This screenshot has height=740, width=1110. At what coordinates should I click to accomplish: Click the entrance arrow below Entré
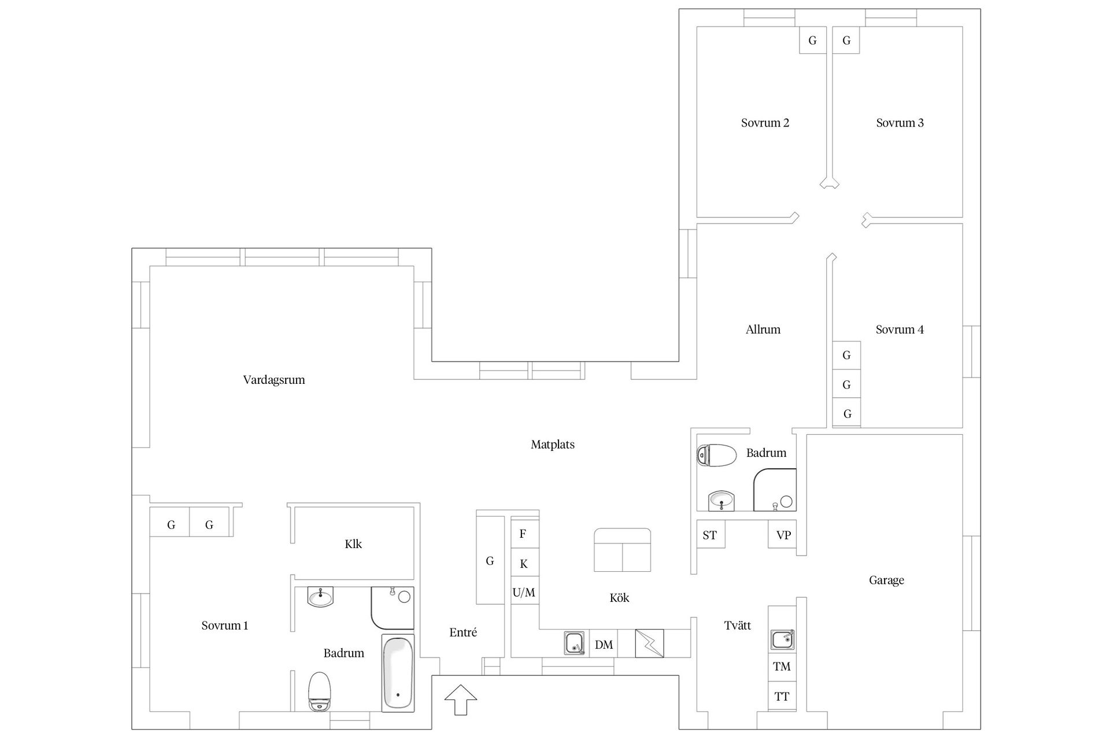pyautogui.click(x=461, y=700)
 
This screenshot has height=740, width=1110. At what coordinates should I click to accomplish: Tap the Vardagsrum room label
pyautogui.click(x=274, y=380)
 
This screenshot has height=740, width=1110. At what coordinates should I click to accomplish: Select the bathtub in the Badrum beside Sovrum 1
pyautogui.click(x=398, y=673)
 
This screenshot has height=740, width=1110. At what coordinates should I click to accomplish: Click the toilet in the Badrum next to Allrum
pyautogui.click(x=717, y=455)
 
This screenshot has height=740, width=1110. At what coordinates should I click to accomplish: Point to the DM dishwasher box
pyautogui.click(x=604, y=645)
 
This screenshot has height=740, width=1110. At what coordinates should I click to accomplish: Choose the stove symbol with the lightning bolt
pyautogui.click(x=649, y=643)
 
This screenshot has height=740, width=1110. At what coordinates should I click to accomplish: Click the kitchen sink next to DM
pyautogui.click(x=574, y=643)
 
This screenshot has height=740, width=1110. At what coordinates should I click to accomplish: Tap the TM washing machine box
pyautogui.click(x=782, y=667)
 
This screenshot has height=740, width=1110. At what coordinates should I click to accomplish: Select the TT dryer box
pyautogui.click(x=782, y=696)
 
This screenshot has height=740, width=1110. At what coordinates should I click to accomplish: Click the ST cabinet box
pyautogui.click(x=711, y=535)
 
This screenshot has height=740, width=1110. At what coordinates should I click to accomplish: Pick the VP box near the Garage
pyautogui.click(x=783, y=535)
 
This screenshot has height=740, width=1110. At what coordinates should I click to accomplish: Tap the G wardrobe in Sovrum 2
pyautogui.click(x=813, y=40)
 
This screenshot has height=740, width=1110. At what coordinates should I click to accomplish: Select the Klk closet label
pyautogui.click(x=353, y=544)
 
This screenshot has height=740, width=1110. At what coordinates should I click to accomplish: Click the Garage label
pyautogui.click(x=886, y=580)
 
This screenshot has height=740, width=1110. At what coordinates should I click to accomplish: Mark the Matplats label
pyautogui.click(x=553, y=445)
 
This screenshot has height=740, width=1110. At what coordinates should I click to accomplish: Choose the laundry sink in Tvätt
pyautogui.click(x=782, y=640)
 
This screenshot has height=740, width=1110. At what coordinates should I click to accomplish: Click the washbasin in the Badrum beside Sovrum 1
pyautogui.click(x=320, y=597)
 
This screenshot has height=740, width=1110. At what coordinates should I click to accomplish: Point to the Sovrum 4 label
pyautogui.click(x=900, y=330)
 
